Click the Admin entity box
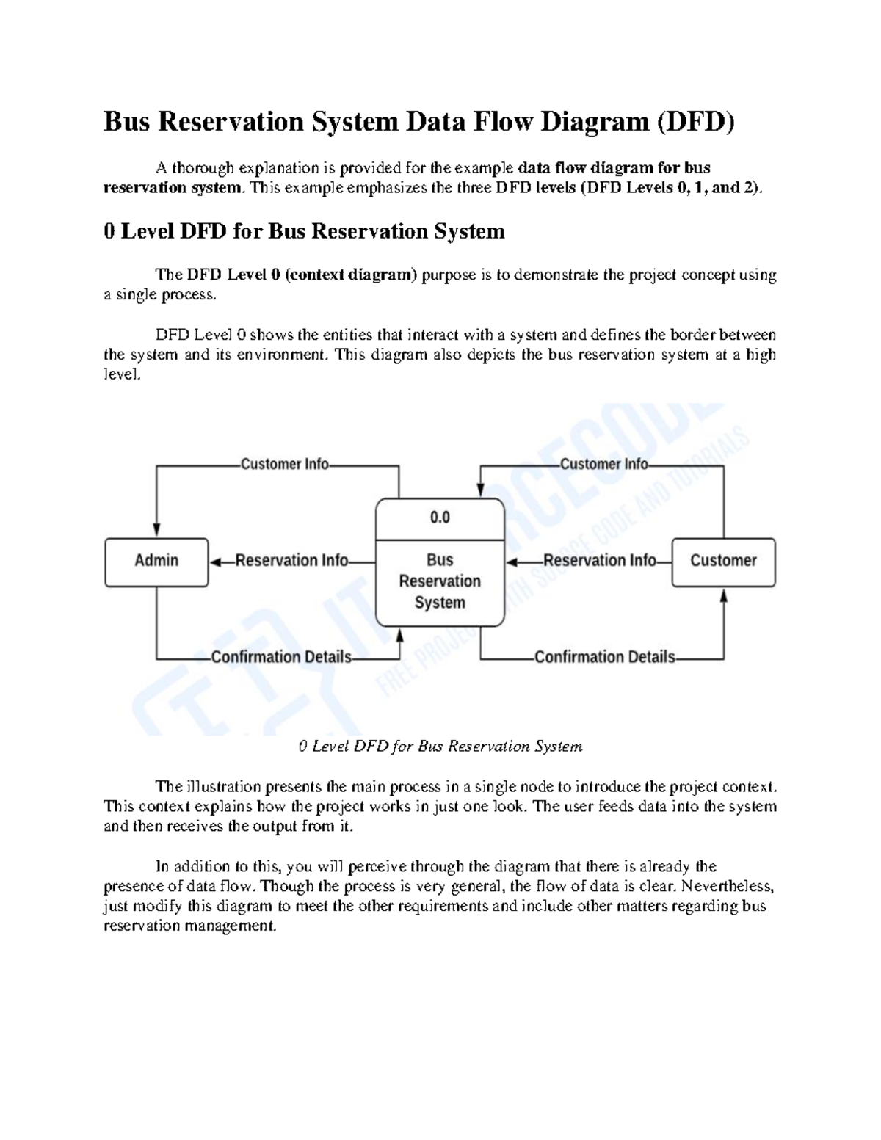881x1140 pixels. click(x=156, y=562)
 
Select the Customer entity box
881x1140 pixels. click(x=723, y=562)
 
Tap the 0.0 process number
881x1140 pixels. click(x=440, y=518)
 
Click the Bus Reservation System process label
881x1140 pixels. click(x=440, y=581)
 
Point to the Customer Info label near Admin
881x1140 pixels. click(x=285, y=465)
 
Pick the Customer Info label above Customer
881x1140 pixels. click(x=603, y=465)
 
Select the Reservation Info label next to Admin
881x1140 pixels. click(x=291, y=562)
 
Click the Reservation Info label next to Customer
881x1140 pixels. click(x=599, y=562)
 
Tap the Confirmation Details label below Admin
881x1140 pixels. click(x=281, y=658)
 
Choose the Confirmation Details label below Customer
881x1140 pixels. click(x=604, y=658)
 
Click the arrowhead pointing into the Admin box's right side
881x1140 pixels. click(x=216, y=562)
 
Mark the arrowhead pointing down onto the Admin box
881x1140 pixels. click(x=156, y=530)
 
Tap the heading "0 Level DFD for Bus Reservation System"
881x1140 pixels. click(x=304, y=232)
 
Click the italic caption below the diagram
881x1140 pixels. click(x=440, y=747)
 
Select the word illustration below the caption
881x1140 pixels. click(x=224, y=787)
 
